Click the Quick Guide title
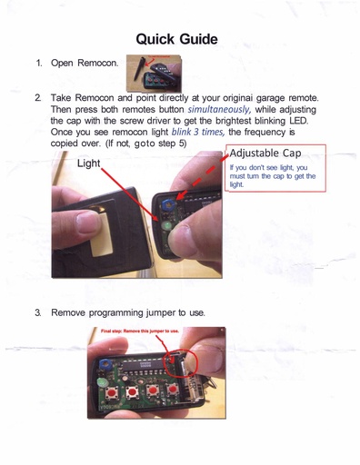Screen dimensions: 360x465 click(x=176, y=39)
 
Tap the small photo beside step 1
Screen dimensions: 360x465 click(x=154, y=74)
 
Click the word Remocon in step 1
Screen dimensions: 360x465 click(x=97, y=63)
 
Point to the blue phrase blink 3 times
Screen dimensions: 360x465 click(x=198, y=133)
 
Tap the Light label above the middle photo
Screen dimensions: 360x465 click(x=88, y=163)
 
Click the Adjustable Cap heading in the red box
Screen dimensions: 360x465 click(x=265, y=153)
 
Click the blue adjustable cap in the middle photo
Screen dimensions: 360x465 click(x=167, y=204)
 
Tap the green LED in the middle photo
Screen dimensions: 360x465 click(x=166, y=225)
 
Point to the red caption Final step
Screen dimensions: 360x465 click(x=140, y=331)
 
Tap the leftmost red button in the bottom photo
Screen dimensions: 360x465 click(x=112, y=393)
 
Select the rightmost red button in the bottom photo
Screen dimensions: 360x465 click(x=173, y=389)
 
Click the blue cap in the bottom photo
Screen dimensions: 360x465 click(x=105, y=363)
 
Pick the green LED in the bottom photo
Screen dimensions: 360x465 click(x=102, y=382)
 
